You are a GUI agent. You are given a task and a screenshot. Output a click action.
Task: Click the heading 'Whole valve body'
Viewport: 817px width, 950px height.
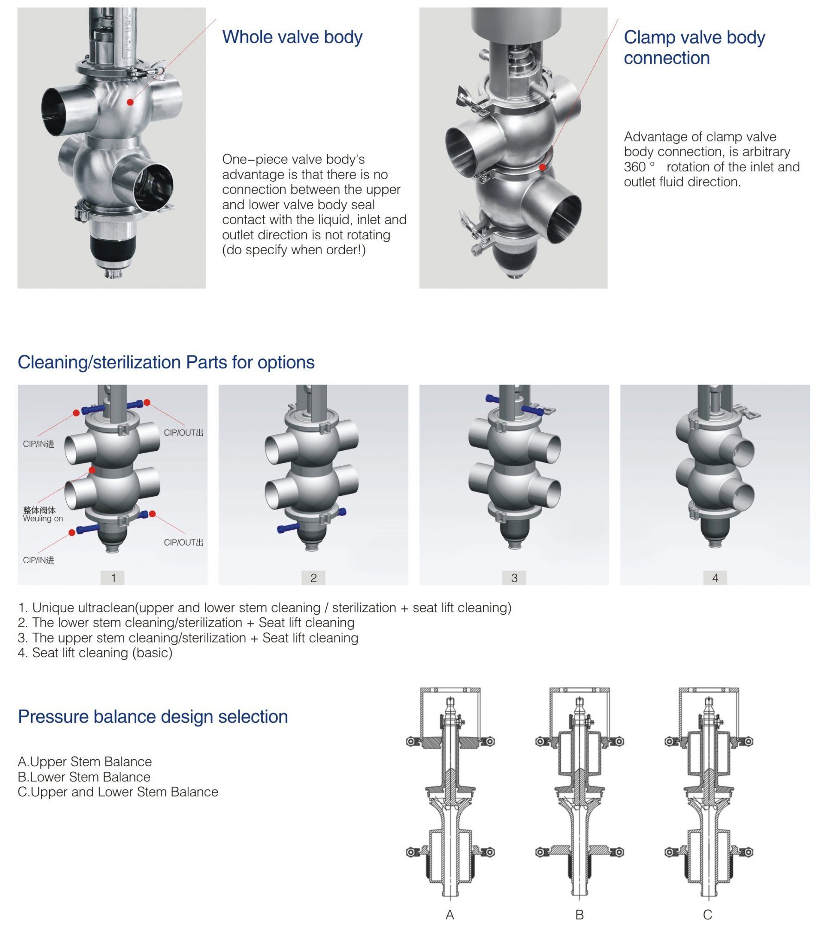292,37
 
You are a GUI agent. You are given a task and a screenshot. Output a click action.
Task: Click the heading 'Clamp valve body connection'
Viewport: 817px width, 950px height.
694,47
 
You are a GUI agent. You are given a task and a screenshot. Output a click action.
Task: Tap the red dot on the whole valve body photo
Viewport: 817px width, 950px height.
130,102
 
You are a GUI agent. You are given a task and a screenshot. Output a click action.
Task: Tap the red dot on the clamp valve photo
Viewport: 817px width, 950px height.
542,167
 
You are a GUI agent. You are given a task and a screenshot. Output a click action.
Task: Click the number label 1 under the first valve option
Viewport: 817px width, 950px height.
113,578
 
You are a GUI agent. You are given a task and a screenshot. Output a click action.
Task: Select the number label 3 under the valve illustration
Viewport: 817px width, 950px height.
514,578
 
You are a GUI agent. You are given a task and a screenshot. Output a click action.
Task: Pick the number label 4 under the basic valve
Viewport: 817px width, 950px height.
715,578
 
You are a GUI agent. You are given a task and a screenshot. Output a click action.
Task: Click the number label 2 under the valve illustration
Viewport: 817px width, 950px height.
313,578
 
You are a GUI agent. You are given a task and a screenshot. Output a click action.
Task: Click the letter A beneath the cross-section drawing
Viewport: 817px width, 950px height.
450,915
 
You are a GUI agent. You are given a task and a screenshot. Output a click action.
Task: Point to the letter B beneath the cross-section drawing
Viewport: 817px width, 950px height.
579,915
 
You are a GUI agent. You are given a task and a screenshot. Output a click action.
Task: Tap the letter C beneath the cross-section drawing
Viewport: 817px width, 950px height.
707,915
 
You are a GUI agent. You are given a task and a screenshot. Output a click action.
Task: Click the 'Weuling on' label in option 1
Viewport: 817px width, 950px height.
43,519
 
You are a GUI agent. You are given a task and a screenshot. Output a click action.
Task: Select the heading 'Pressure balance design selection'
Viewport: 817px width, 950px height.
152,717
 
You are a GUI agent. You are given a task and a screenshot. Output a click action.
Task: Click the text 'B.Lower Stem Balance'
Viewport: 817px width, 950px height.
84,777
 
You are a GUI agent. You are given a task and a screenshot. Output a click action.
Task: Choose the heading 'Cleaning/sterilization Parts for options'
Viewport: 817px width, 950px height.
166,362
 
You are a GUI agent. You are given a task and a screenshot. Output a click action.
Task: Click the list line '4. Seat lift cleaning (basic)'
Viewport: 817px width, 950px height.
95,653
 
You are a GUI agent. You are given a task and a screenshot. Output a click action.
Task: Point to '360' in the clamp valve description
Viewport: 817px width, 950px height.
634,167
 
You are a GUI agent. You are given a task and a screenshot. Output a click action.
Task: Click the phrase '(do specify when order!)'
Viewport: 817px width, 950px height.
294,250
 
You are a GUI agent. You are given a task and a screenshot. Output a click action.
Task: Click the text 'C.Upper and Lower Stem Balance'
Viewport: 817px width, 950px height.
118,792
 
